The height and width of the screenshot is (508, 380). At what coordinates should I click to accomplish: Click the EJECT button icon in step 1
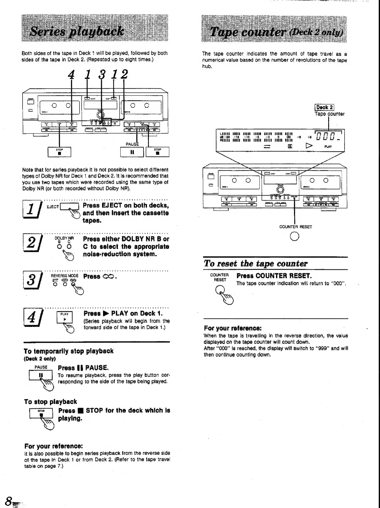(69, 207)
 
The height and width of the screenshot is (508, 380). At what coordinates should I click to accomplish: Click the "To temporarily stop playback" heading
(68, 351)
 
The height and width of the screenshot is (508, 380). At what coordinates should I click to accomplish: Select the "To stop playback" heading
(51, 401)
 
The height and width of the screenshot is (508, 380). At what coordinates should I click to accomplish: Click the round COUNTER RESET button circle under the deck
(295, 236)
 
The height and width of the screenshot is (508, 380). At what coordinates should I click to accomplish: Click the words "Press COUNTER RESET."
(274, 276)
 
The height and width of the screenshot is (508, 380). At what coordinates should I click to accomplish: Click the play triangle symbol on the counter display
(310, 146)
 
